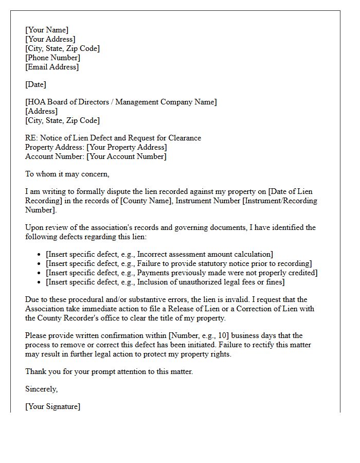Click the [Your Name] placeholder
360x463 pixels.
click(x=47, y=30)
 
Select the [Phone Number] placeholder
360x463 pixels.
click(x=52, y=58)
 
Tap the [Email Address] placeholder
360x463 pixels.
click(x=52, y=67)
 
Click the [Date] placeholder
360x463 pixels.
click(x=35, y=84)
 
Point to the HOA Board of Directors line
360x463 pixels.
click(x=121, y=102)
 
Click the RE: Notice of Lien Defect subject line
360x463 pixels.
click(x=113, y=138)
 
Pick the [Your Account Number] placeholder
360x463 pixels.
click(x=127, y=156)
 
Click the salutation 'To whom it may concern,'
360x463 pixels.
click(x=67, y=174)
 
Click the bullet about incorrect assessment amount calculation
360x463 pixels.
click(x=159, y=254)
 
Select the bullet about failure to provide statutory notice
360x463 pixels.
click(x=179, y=263)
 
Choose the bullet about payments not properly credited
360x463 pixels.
click(x=182, y=273)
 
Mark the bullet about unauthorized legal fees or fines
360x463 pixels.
click(x=165, y=282)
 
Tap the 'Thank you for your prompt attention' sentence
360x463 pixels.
click(x=109, y=371)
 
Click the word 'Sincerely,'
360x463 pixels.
click(x=42, y=389)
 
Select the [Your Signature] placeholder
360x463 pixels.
click(x=53, y=406)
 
